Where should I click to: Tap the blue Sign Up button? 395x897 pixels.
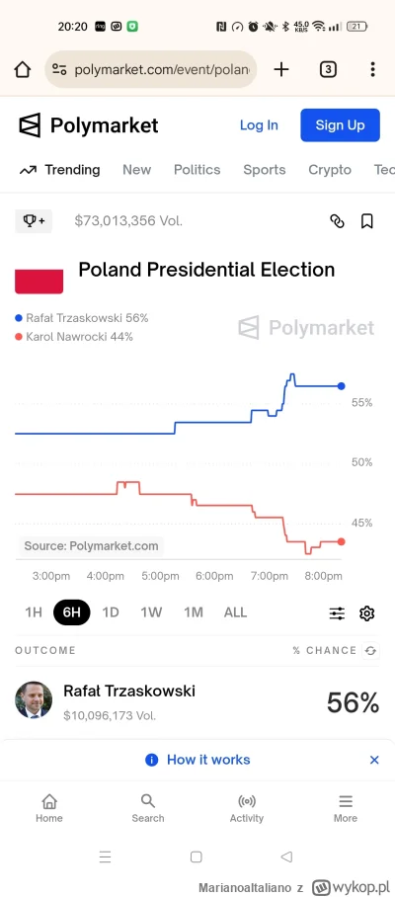tap(340, 125)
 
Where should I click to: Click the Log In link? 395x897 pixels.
tap(259, 125)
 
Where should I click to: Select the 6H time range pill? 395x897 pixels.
tap(72, 612)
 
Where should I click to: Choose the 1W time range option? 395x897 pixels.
tap(151, 612)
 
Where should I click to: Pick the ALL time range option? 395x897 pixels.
tap(235, 612)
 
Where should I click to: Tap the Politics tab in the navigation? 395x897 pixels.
tap(197, 170)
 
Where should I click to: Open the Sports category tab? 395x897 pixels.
tap(264, 170)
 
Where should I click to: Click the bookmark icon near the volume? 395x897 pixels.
tap(366, 221)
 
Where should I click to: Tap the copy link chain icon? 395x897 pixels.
tap(337, 221)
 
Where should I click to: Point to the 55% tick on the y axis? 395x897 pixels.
tap(361, 403)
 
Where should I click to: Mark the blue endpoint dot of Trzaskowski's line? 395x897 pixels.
tap(342, 386)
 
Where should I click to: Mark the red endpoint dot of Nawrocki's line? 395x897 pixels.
tap(341, 541)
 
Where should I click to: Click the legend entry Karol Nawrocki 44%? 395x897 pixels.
tap(74, 337)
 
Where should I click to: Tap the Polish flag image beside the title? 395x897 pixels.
tap(39, 280)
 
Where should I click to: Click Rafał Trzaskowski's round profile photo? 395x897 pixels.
tap(34, 699)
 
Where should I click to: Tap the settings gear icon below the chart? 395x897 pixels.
tap(366, 613)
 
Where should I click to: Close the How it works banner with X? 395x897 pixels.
tap(374, 760)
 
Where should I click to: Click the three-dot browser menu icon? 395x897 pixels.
tap(372, 69)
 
